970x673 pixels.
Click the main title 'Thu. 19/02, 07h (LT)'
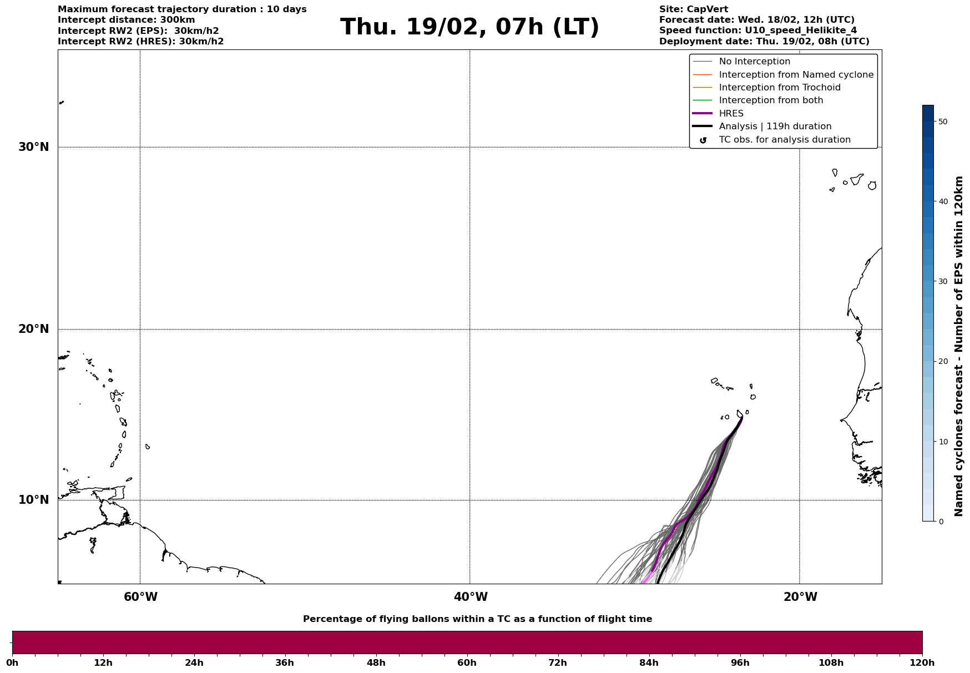tap(469, 27)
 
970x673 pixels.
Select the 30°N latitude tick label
tap(34, 147)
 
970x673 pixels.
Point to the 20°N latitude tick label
tap(34, 329)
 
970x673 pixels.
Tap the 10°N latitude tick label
tap(34, 500)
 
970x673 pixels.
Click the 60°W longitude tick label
tap(140, 597)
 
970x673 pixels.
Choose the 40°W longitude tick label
tap(471, 597)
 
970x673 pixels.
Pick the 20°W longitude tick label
tap(800, 597)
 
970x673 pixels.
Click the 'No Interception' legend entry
tap(754, 62)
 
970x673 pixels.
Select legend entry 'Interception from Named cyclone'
tap(796, 75)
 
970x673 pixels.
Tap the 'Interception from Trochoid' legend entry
tap(779, 88)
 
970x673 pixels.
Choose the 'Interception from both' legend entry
tap(771, 100)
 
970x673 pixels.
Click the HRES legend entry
tap(731, 114)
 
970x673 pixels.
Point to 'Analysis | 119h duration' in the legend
tap(775, 126)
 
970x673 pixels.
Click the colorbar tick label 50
tap(942, 122)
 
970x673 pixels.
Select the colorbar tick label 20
tap(942, 362)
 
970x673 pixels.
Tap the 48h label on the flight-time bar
tap(376, 663)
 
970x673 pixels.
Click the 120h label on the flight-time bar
tap(922, 663)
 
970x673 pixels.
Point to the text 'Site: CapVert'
tap(693, 9)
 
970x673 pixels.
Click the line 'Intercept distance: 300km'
tap(126, 20)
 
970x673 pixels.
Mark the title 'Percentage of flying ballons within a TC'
tap(477, 619)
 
